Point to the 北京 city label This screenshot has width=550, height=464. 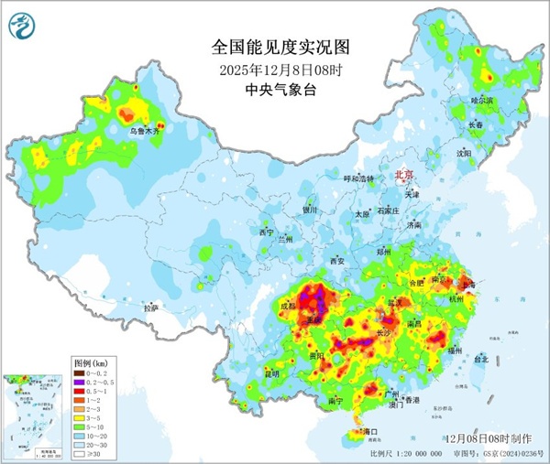[x=403, y=174]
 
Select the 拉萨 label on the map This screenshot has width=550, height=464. [x=151, y=308]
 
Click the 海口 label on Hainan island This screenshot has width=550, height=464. [x=371, y=430]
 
